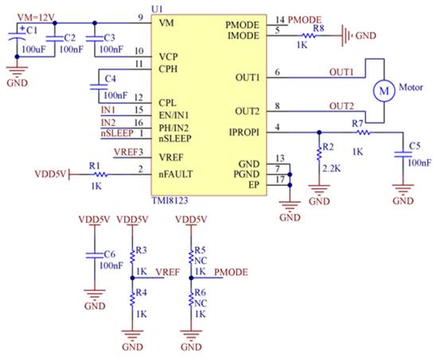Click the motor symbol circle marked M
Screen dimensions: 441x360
tap(384, 91)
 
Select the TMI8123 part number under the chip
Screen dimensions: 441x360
tap(170, 201)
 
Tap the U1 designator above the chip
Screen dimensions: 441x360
tap(157, 9)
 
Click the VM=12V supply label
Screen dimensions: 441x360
tap(36, 18)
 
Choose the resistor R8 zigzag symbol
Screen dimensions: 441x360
tap(309, 36)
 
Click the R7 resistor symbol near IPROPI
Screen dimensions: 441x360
tap(363, 132)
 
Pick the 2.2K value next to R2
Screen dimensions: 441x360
tap(332, 168)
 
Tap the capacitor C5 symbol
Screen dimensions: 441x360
tap(403, 154)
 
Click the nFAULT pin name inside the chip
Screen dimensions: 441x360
tap(175, 174)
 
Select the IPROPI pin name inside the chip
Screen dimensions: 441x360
tap(244, 132)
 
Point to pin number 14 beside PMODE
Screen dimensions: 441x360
tap(280, 20)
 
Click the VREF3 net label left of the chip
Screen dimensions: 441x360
tap(128, 152)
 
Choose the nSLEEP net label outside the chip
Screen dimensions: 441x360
tap(117, 133)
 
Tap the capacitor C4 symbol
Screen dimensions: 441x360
tap(99, 86)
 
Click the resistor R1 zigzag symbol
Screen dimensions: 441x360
tap(100, 174)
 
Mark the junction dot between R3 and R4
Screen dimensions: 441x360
tap(132, 278)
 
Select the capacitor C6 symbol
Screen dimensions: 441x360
tap(95, 255)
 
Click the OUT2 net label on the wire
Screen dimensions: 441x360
tap(341, 106)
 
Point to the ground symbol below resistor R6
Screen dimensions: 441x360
tap(191, 335)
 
